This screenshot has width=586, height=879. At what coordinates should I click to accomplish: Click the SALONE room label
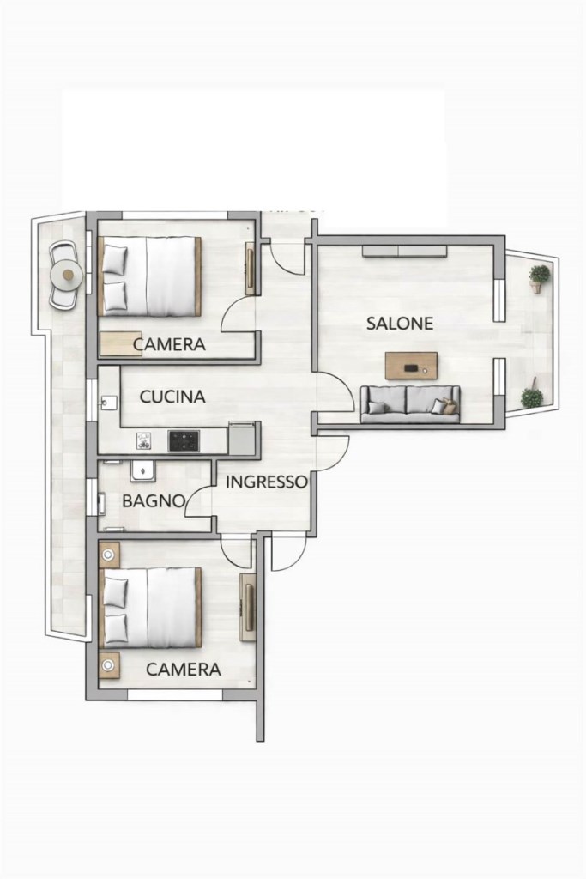click(x=400, y=324)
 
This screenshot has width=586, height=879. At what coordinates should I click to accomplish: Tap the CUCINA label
click(x=172, y=397)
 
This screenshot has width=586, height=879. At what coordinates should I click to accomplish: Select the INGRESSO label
click(x=267, y=482)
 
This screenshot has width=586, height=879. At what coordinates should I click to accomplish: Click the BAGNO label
click(x=154, y=500)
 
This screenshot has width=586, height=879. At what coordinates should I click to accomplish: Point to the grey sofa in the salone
click(x=410, y=403)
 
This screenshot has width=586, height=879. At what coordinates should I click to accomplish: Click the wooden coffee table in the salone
click(x=411, y=366)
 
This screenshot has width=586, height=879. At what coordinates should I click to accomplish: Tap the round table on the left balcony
click(x=67, y=275)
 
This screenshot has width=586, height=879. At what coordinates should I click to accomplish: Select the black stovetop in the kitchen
click(x=184, y=441)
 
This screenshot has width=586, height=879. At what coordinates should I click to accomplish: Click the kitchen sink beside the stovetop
click(x=144, y=441)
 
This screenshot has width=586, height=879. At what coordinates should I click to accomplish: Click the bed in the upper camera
click(x=149, y=276)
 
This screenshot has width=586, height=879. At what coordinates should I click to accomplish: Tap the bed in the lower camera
click(x=149, y=608)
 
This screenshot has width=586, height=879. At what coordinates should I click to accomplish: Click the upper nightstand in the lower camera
click(x=108, y=555)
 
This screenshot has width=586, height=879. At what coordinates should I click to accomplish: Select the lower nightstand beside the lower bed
click(x=108, y=665)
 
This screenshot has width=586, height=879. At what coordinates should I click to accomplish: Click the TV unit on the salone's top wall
click(x=404, y=251)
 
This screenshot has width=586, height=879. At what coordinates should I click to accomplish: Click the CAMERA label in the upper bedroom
click(x=169, y=345)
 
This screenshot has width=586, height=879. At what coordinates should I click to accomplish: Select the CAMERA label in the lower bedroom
click(x=184, y=670)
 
